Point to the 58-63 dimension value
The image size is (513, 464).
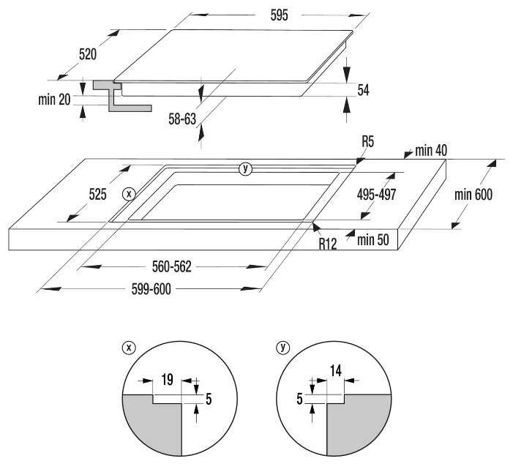[x=182, y=118]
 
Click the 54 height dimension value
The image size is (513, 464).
[x=363, y=90]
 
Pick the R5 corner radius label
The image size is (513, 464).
[x=367, y=142]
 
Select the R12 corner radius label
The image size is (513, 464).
[x=327, y=244]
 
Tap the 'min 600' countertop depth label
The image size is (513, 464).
[x=473, y=194]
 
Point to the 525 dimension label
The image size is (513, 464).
[x=98, y=194]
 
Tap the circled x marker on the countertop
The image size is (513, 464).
[x=130, y=194]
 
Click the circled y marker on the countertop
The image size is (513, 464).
[x=246, y=169]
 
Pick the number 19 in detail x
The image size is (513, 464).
[x=166, y=380]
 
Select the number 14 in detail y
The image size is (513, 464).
[x=336, y=370]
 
